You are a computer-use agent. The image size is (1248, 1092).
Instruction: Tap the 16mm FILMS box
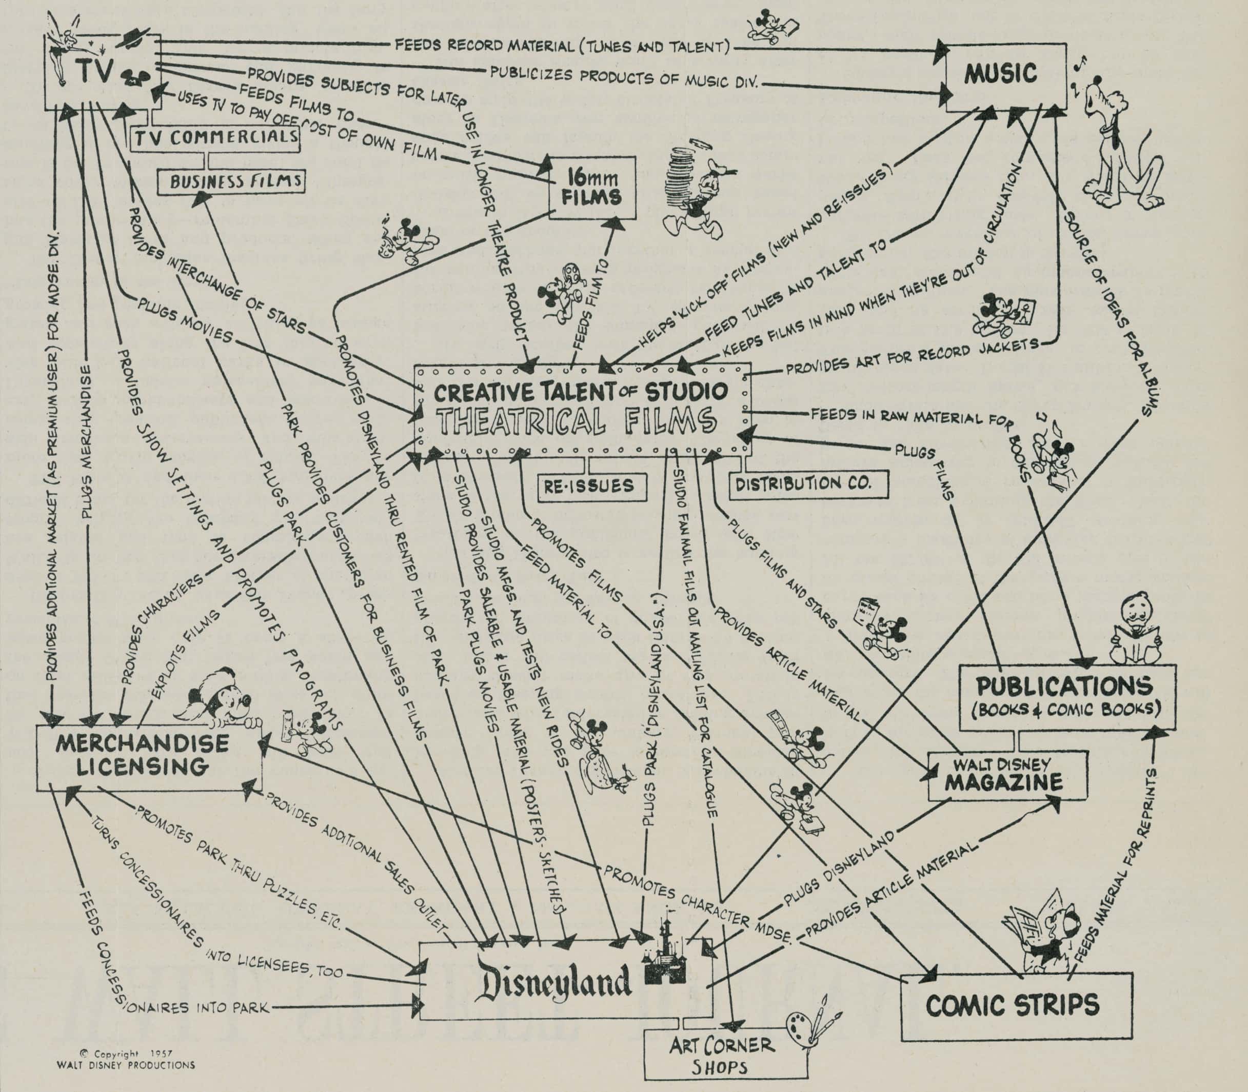[592, 188]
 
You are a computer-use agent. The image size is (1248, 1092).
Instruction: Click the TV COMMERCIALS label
[216, 138]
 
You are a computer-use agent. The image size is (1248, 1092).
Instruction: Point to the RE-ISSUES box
[589, 486]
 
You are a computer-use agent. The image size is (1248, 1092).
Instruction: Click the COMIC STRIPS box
[1012, 1004]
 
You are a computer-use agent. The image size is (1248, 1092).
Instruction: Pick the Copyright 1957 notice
[126, 1060]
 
